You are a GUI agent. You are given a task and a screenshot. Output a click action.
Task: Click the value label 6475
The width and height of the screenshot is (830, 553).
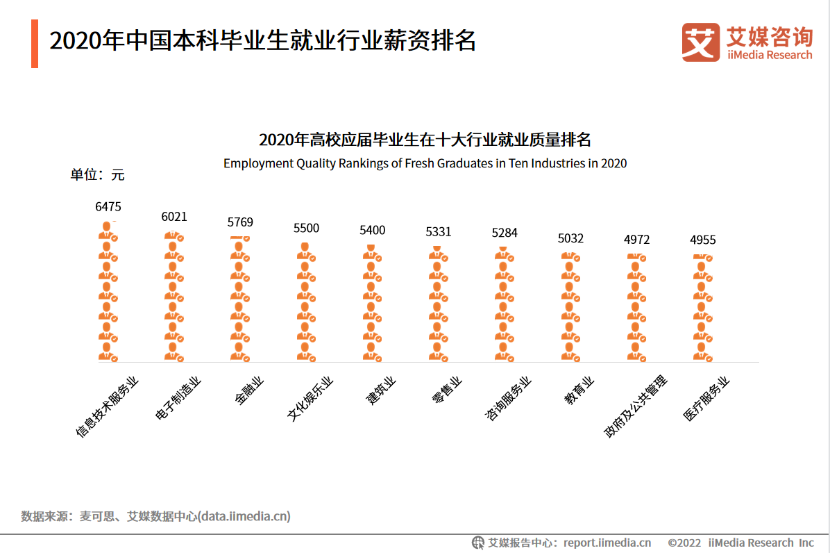pyautogui.click(x=108, y=206)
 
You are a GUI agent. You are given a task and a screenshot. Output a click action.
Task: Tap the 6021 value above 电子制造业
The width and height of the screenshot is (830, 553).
pyautogui.click(x=174, y=217)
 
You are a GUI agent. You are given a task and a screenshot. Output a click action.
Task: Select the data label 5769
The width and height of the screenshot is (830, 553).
pyautogui.click(x=240, y=222)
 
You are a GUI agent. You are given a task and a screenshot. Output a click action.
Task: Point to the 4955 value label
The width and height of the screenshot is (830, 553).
pyautogui.click(x=702, y=240)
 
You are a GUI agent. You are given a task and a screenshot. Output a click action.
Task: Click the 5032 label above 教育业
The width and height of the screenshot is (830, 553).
pyautogui.click(x=570, y=238)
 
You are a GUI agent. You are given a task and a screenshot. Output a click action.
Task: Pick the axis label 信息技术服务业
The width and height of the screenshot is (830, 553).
pyautogui.click(x=108, y=406)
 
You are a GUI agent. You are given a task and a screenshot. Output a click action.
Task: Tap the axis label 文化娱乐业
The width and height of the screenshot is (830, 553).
pyautogui.click(x=310, y=399)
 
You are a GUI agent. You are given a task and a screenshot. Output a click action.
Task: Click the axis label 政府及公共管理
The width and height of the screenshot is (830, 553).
pyautogui.click(x=636, y=406)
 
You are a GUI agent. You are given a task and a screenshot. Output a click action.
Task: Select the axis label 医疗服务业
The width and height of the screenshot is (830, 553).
pyautogui.click(x=706, y=399)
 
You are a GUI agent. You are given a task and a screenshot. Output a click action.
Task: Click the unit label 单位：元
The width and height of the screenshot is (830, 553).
pyautogui.click(x=97, y=175)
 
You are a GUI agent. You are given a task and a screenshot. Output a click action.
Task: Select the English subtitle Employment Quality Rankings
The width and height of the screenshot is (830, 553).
pyautogui.click(x=425, y=164)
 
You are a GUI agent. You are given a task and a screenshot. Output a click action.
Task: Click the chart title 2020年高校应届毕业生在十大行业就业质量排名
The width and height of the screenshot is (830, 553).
pyautogui.click(x=425, y=140)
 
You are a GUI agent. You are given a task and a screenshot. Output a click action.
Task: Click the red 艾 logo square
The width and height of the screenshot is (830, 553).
pyautogui.click(x=700, y=42)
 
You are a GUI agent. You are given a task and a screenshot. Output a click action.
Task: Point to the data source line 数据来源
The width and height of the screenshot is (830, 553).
pyautogui.click(x=155, y=516)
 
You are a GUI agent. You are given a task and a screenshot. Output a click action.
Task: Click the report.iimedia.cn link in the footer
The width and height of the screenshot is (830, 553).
pyautogui.click(x=607, y=543)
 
